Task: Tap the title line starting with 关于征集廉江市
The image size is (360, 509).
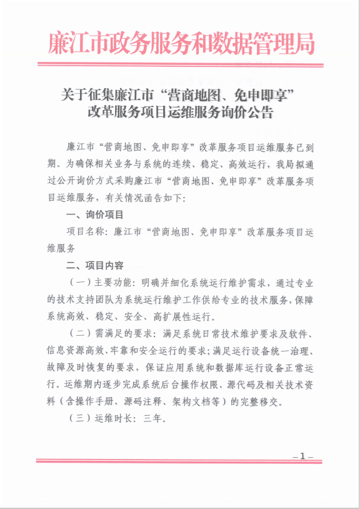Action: (x=181, y=94)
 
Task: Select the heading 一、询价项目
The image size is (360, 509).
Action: (x=95, y=214)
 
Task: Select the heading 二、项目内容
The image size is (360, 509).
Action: (x=95, y=265)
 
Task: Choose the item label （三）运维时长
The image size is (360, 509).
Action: (x=101, y=416)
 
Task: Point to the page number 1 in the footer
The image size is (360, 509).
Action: (x=302, y=457)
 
